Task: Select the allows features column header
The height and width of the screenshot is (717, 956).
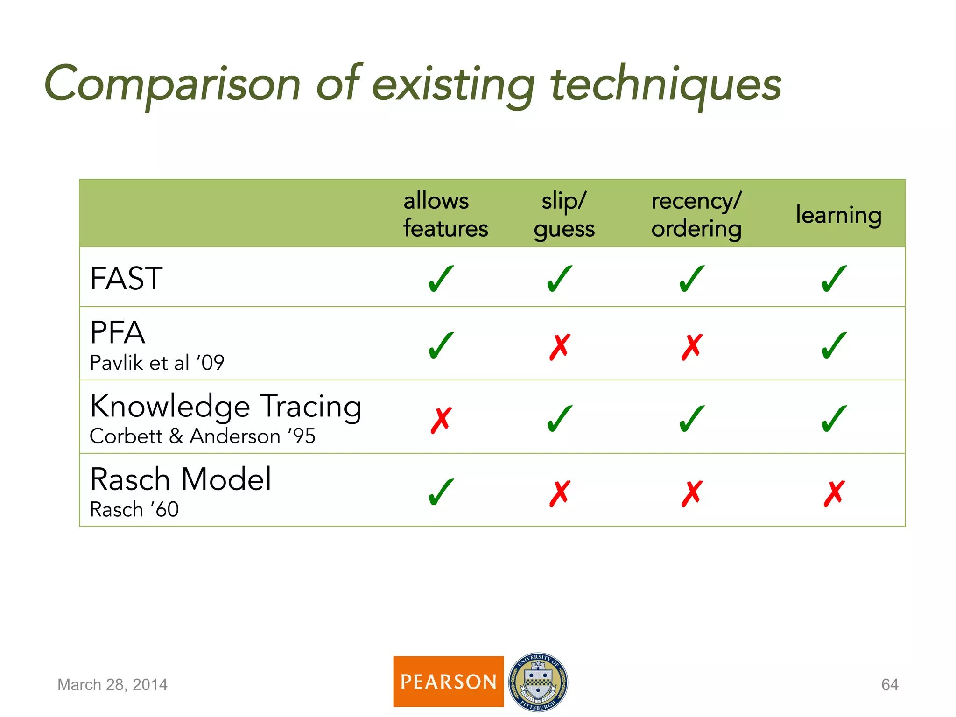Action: [445, 215]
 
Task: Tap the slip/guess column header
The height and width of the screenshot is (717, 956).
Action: [564, 215]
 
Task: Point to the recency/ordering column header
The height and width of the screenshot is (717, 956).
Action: [696, 215]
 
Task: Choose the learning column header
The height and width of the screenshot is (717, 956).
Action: [838, 215]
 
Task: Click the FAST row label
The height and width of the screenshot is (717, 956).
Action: [126, 279]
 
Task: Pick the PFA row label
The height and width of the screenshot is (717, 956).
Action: [118, 333]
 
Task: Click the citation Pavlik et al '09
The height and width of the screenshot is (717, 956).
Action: [157, 363]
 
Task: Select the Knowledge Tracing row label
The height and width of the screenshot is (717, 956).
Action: [226, 406]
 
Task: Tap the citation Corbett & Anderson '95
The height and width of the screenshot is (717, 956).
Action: [203, 436]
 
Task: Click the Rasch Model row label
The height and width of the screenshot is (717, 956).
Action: [181, 479]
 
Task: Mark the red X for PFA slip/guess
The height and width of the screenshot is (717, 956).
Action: [560, 347]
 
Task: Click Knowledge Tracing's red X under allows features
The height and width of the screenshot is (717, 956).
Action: [441, 420]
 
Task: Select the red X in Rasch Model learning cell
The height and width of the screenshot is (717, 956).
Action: [834, 493]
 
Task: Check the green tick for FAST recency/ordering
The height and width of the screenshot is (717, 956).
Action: [692, 279]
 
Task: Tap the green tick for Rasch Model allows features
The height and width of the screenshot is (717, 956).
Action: [441, 492]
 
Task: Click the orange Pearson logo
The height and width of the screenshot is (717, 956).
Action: [448, 682]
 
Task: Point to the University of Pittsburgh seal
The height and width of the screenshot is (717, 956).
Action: [538, 682]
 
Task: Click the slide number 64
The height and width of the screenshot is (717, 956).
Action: [890, 684]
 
